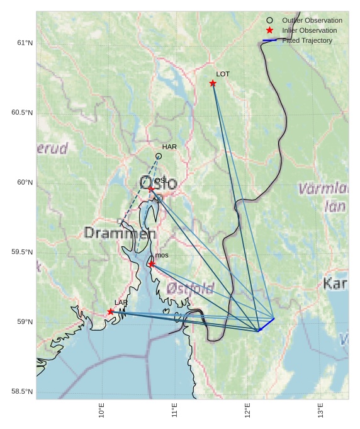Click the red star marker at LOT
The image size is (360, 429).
point(213,83)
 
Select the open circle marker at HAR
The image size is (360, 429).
point(159,156)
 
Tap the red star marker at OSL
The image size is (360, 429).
point(151,188)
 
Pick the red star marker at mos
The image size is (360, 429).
point(152,264)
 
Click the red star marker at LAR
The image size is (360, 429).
point(111,311)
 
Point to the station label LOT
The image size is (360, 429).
point(223,74)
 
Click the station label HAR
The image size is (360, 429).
point(169,147)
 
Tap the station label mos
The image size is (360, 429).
point(162,255)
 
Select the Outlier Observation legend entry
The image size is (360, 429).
point(312,21)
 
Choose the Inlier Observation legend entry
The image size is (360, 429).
point(309,31)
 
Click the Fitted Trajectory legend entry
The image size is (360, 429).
point(307,41)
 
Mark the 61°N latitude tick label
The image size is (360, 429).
point(25,43)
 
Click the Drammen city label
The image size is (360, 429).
point(120,233)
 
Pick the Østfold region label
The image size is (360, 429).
point(191,289)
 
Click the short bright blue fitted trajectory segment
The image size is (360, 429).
point(267,324)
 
